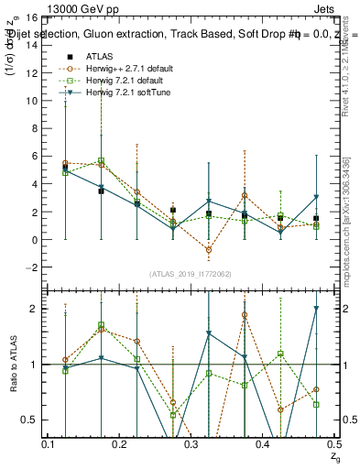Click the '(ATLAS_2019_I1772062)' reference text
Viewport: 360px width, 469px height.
[x=191, y=274]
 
